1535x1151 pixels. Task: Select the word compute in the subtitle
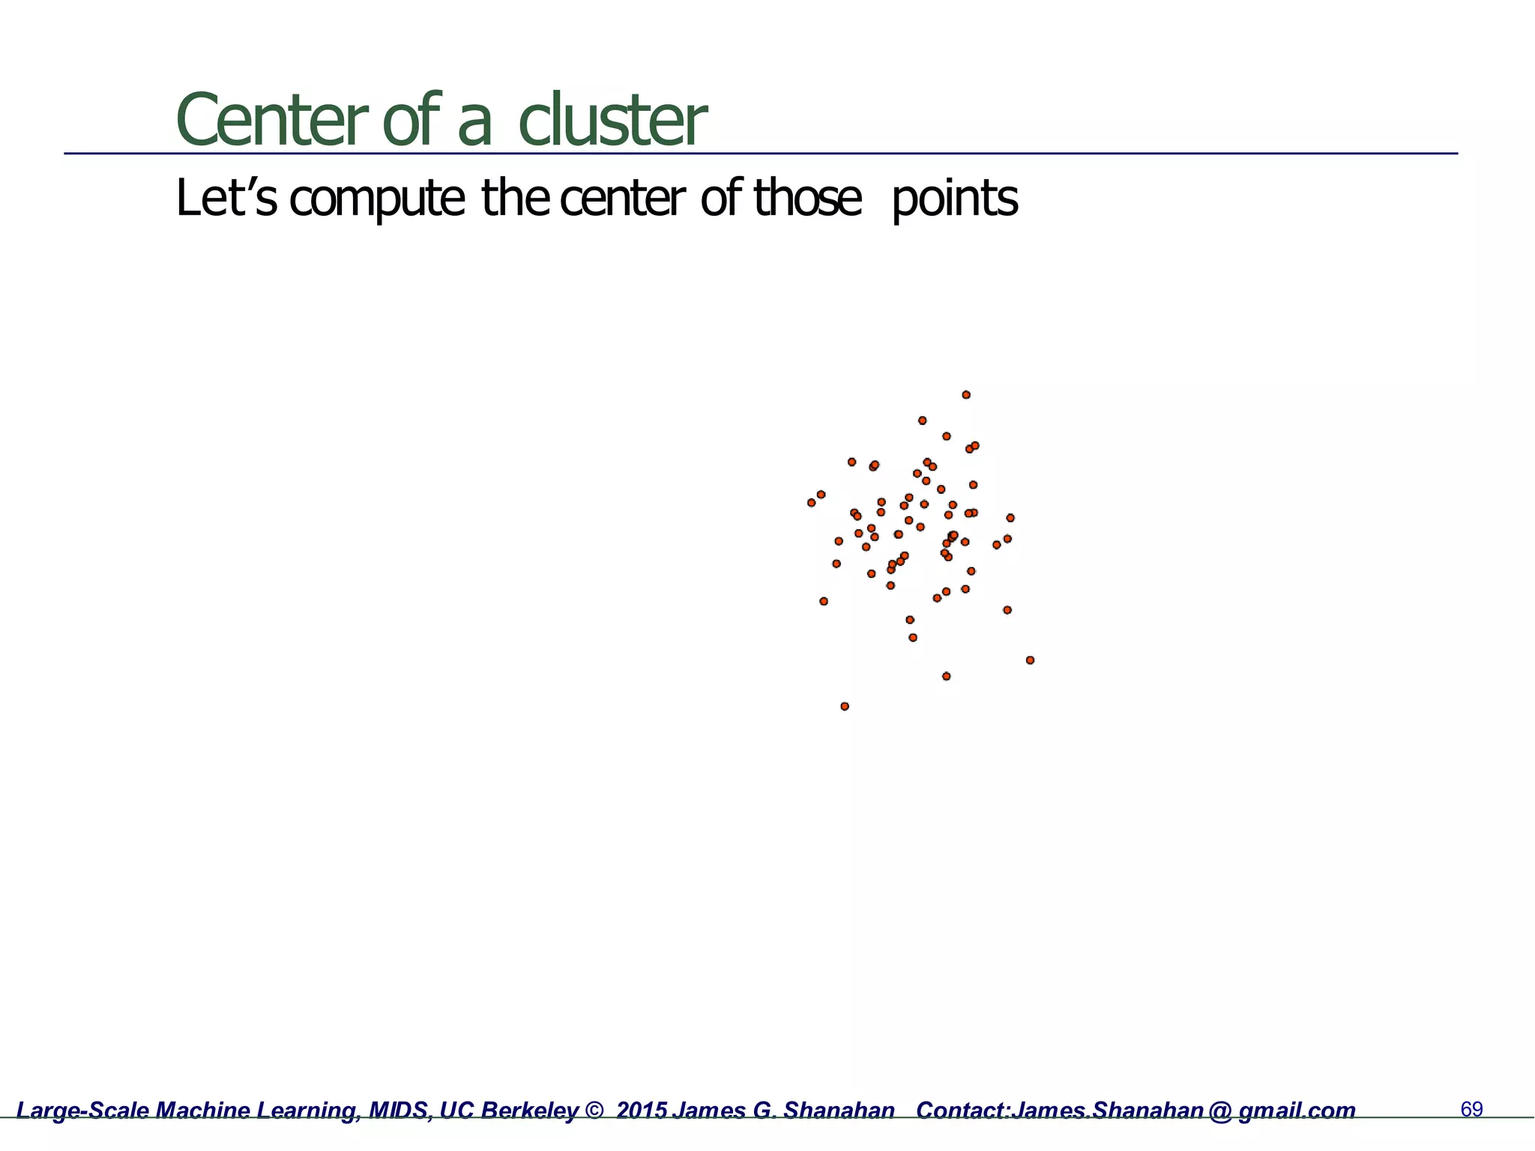coord(377,199)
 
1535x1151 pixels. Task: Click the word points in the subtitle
coord(954,199)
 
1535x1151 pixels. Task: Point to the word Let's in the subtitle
coord(226,199)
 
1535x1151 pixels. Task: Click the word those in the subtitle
coord(807,199)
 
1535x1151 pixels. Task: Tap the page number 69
coord(1472,1109)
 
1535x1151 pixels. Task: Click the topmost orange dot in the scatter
coord(966,395)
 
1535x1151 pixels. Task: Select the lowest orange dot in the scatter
coord(845,706)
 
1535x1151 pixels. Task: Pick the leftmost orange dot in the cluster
coord(811,503)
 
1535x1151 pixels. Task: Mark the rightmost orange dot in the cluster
coord(1030,660)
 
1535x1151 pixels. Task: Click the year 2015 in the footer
coord(642,1111)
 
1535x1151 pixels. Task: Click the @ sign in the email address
coord(1219,1111)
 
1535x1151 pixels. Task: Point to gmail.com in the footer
coord(1297,1111)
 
